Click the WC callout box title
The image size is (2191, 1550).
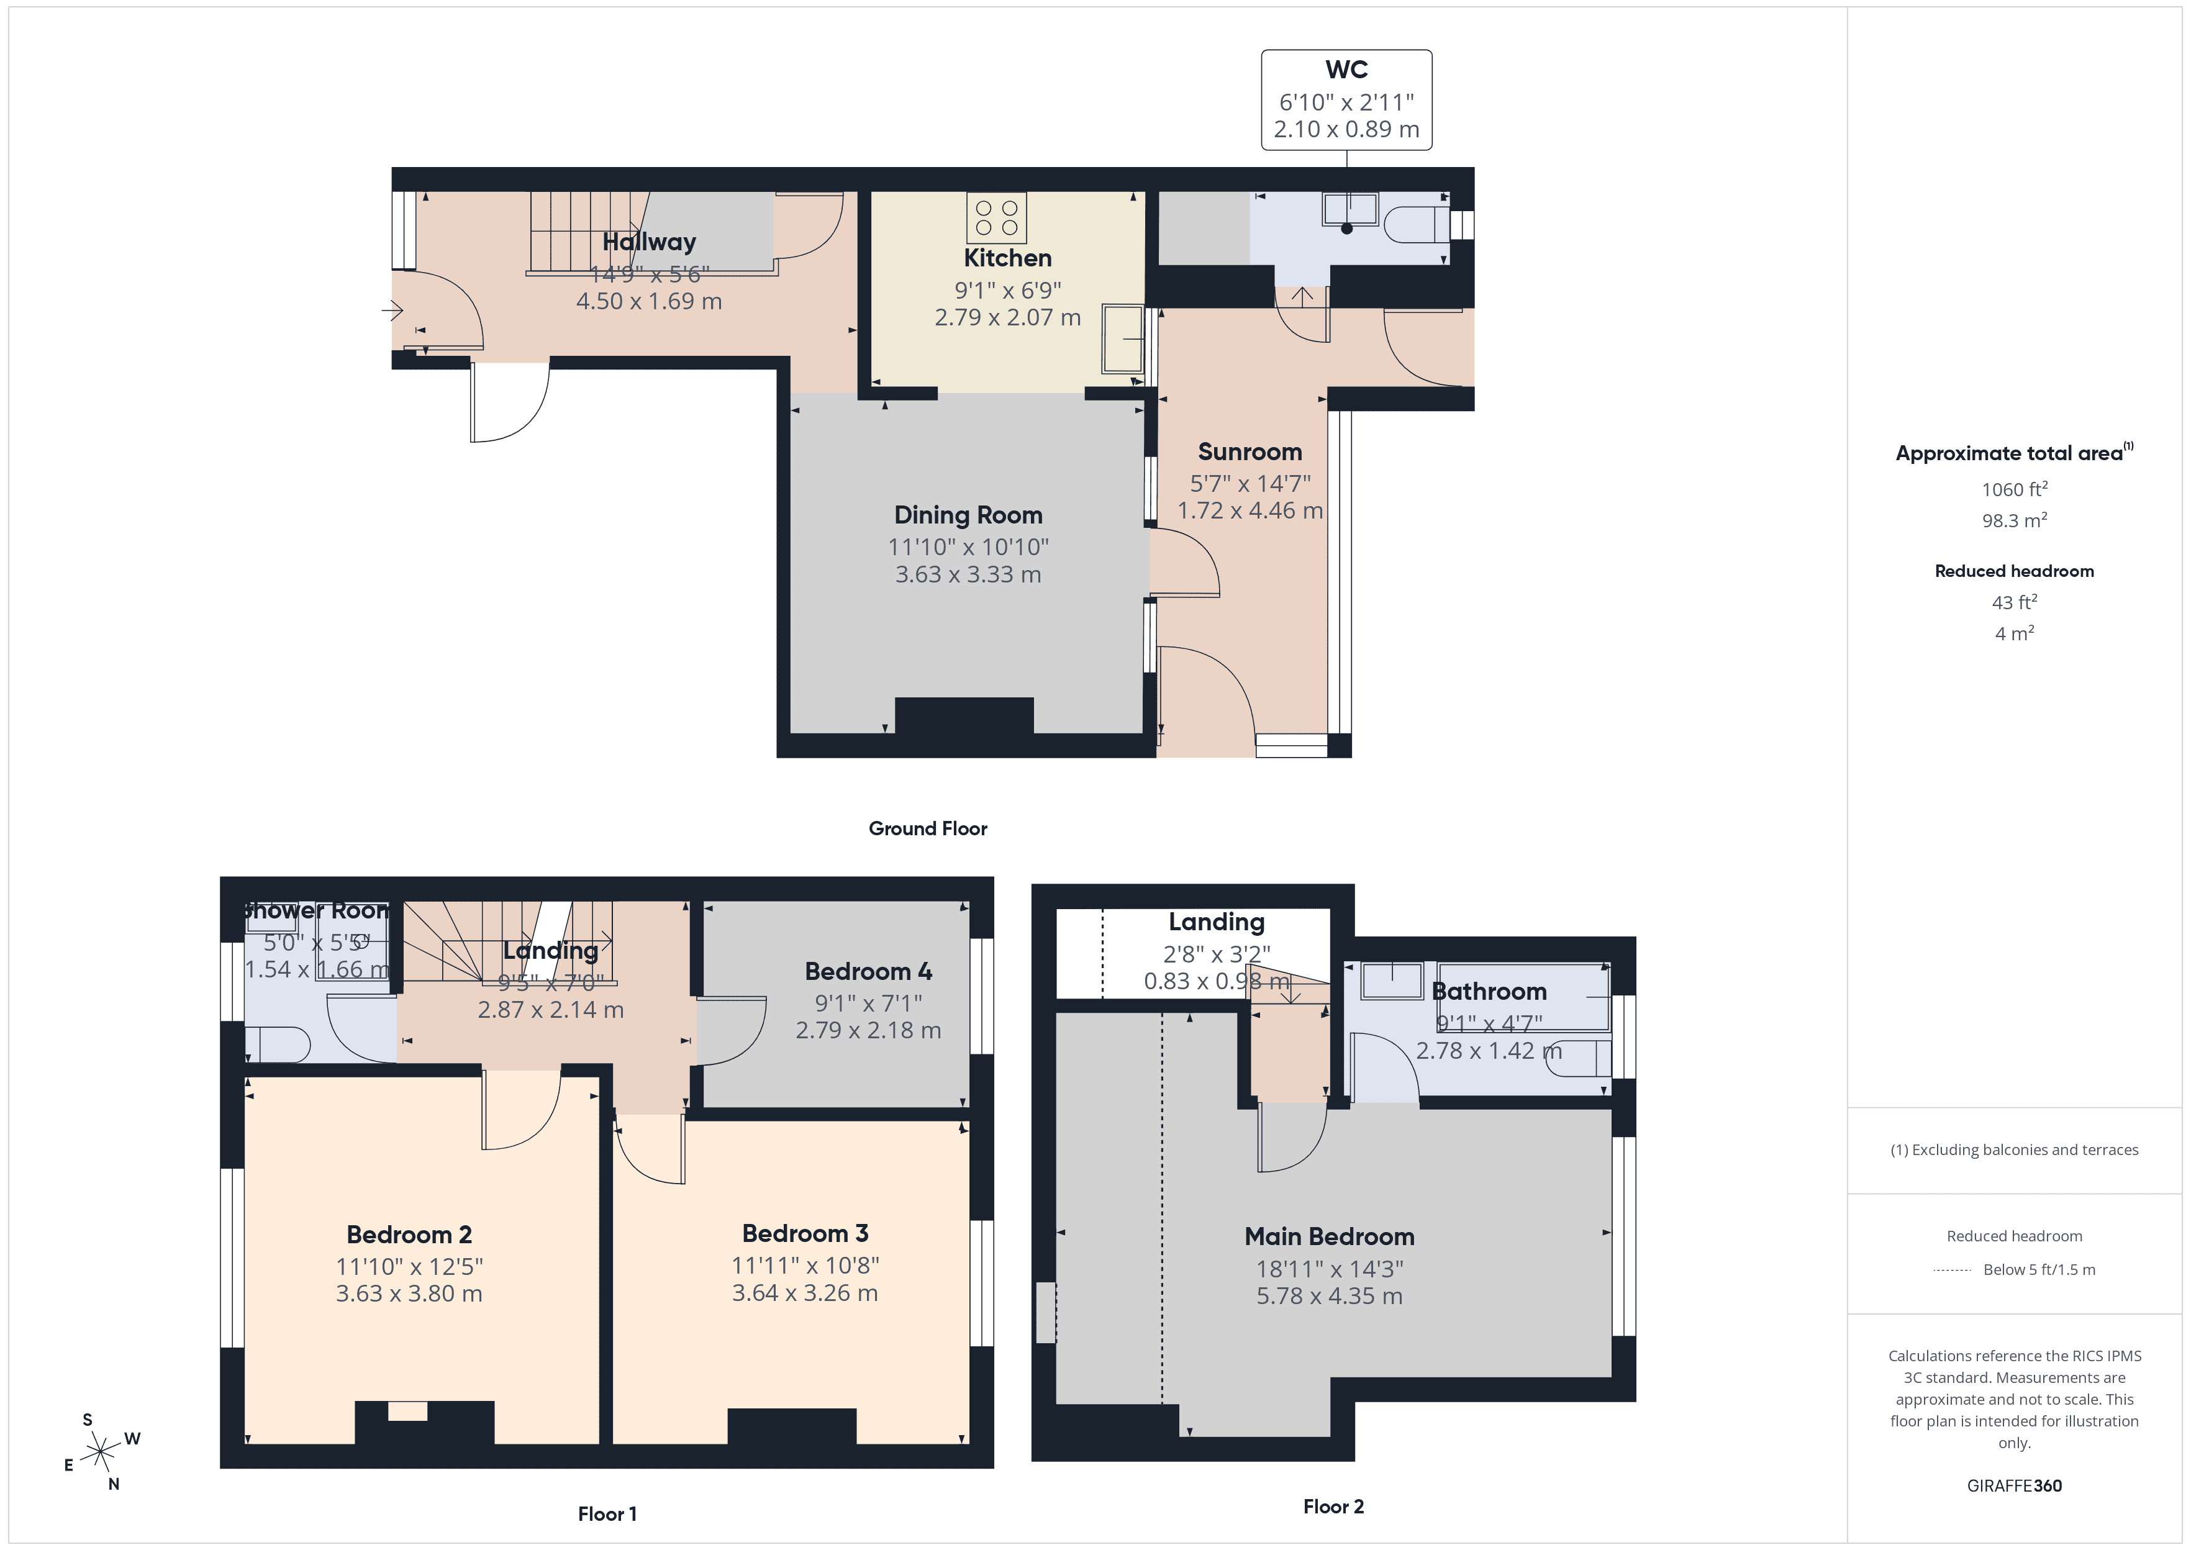pyautogui.click(x=1346, y=70)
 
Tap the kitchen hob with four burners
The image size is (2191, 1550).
pyautogui.click(x=996, y=217)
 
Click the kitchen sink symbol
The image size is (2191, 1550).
pyautogui.click(x=1122, y=339)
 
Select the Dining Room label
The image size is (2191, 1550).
pyautogui.click(x=968, y=515)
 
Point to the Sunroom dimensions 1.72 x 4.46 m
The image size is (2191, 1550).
pyautogui.click(x=1249, y=510)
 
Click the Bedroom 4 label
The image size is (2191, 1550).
pyautogui.click(x=868, y=972)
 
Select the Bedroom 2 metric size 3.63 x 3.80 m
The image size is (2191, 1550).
pyautogui.click(x=409, y=1294)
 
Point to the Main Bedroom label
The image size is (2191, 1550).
pyautogui.click(x=1328, y=1237)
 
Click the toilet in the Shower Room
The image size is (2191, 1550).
pyautogui.click(x=279, y=1044)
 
